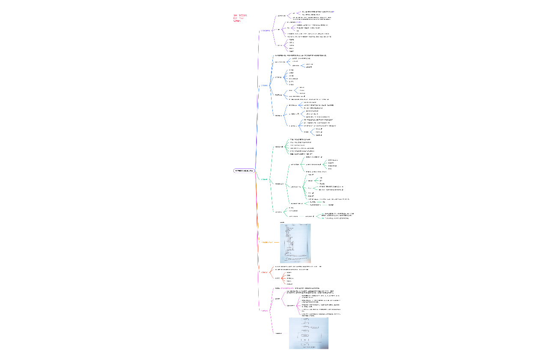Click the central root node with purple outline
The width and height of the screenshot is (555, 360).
point(243,171)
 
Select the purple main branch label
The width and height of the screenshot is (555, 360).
point(266,31)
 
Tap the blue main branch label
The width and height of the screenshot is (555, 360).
point(265,85)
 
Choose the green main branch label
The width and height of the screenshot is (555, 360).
point(265,179)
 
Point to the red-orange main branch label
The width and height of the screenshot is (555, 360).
point(264,272)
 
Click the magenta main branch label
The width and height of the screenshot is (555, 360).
point(265,311)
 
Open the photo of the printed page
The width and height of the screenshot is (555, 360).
point(295,243)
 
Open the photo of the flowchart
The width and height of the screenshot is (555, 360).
point(308,333)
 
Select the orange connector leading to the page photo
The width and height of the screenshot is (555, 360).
point(276,243)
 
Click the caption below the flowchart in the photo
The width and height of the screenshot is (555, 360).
point(308,347)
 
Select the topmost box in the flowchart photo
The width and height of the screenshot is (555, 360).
point(305,319)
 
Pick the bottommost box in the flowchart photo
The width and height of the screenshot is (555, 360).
point(305,344)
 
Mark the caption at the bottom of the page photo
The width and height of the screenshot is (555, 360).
point(295,261)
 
